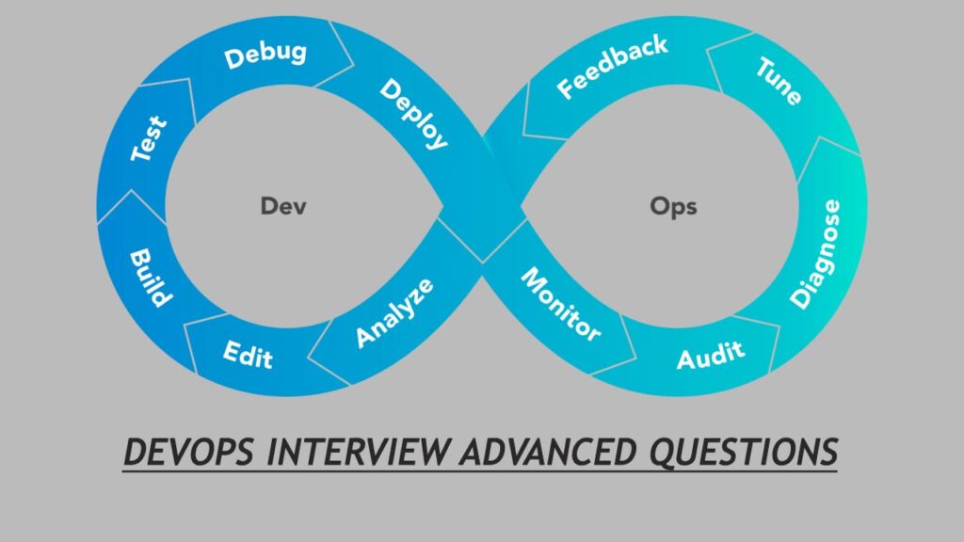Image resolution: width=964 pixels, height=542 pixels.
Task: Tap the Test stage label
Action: click(x=149, y=137)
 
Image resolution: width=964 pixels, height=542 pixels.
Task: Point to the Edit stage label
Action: click(x=248, y=355)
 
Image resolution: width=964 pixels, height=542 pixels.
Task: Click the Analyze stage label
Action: click(x=395, y=311)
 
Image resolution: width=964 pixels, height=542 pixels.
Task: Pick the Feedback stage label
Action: click(x=612, y=67)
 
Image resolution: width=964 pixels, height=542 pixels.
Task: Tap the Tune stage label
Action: click(x=778, y=81)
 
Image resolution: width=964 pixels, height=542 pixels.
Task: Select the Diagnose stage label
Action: click(x=815, y=253)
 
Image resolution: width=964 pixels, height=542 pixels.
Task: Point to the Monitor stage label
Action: click(x=561, y=304)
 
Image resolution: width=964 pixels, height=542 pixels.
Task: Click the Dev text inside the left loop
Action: click(x=283, y=206)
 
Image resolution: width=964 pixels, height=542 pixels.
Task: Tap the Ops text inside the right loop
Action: click(x=673, y=206)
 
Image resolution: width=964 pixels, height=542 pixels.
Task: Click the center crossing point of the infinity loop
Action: click(x=482, y=202)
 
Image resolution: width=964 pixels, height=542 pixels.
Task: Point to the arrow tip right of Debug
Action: click(x=354, y=66)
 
